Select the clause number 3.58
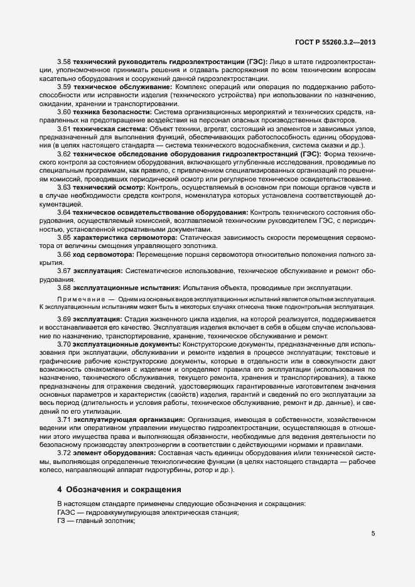coord(64,62)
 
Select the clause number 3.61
coord(64,128)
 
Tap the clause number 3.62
coord(64,153)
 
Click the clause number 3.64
coord(64,212)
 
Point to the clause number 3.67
coord(64,271)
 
